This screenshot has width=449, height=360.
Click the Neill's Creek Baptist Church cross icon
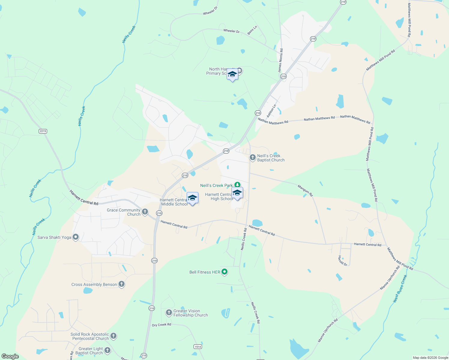coord(253,157)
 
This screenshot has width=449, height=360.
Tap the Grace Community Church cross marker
coord(145,212)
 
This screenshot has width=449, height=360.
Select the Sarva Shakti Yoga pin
coord(76,237)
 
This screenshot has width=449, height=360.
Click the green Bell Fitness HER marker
coord(224,272)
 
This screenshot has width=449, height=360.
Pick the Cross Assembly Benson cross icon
coord(122,284)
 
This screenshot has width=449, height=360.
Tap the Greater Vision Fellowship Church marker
coord(169,313)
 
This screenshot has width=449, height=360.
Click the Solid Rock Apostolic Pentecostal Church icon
coord(113,336)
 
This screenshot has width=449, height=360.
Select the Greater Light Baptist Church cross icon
coord(107,350)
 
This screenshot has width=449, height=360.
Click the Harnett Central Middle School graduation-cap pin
coord(192,198)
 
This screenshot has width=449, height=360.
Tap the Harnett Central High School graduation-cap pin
coord(237,193)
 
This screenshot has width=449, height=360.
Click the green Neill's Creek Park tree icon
coord(237,184)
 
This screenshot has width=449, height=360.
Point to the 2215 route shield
coord(43,131)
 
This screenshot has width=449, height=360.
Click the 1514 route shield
coord(197,346)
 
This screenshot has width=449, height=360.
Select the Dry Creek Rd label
coord(161,325)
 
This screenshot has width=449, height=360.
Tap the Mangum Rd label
coord(305,191)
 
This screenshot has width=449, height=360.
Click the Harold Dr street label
coord(342,261)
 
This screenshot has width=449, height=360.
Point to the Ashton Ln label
coord(271,111)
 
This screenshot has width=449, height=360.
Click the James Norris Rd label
coord(280,60)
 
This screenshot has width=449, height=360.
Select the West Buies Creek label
coord(400,289)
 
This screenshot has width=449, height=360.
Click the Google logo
coord(10,356)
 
